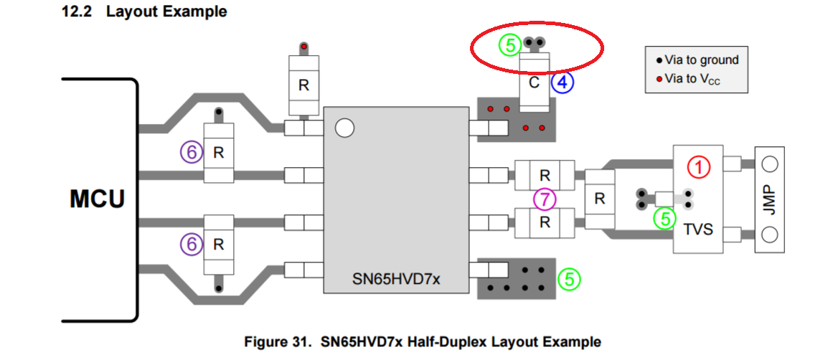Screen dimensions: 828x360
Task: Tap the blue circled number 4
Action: click(x=563, y=82)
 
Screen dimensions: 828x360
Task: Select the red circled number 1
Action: click(x=699, y=167)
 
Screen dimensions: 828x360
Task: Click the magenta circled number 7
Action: click(x=545, y=200)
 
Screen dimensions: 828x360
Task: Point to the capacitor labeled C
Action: click(x=535, y=82)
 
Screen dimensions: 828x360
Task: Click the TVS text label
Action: click(x=698, y=229)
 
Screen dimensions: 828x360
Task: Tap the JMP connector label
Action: click(x=770, y=199)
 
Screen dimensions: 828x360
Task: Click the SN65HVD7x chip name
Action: click(x=395, y=278)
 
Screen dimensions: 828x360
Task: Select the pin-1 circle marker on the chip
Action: click(x=345, y=128)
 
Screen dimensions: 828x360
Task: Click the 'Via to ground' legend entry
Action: click(x=697, y=60)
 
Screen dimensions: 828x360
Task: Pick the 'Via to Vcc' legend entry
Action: click(x=688, y=79)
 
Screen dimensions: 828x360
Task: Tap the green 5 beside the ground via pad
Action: click(x=569, y=278)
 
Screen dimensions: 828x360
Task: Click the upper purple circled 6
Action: click(x=191, y=153)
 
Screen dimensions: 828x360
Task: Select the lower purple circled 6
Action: click(x=191, y=245)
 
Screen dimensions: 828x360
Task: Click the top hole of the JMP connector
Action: click(x=770, y=164)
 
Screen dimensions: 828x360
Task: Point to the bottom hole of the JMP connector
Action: click(x=770, y=234)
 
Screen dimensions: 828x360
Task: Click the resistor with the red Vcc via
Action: click(x=304, y=85)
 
